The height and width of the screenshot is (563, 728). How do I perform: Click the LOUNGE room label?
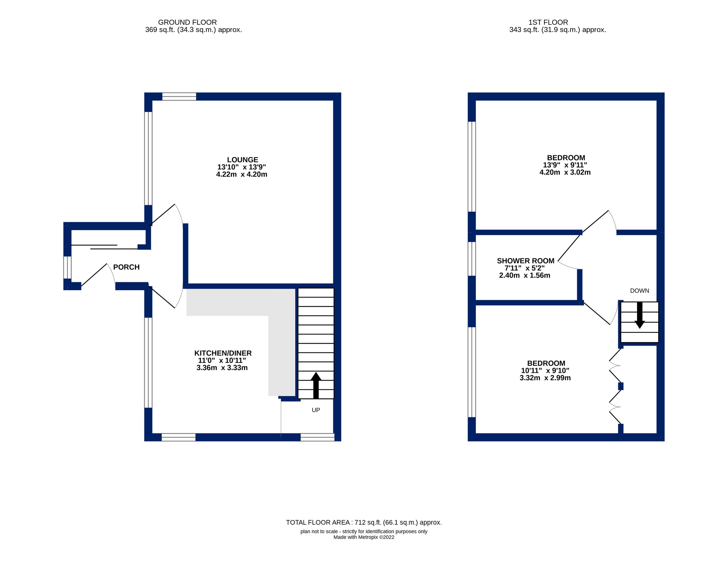click(242, 160)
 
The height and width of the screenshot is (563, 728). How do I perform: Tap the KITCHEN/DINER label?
click(223, 353)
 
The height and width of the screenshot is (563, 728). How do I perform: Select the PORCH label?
click(126, 267)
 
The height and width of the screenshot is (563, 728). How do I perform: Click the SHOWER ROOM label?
click(525, 261)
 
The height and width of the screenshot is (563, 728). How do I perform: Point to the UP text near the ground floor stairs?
click(315, 410)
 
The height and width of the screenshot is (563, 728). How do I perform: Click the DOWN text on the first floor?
click(639, 291)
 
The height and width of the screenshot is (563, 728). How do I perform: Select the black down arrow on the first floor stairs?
click(639, 316)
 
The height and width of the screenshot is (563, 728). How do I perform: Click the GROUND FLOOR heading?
click(187, 22)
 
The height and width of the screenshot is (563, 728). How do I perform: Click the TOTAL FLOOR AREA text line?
click(363, 522)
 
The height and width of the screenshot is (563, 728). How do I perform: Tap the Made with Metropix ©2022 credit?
click(363, 537)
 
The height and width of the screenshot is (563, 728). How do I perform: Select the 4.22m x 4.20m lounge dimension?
click(241, 175)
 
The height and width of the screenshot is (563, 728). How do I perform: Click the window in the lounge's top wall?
click(179, 97)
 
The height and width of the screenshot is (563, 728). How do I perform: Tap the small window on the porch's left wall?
click(67, 267)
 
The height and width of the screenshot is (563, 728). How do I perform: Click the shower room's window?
click(471, 259)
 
